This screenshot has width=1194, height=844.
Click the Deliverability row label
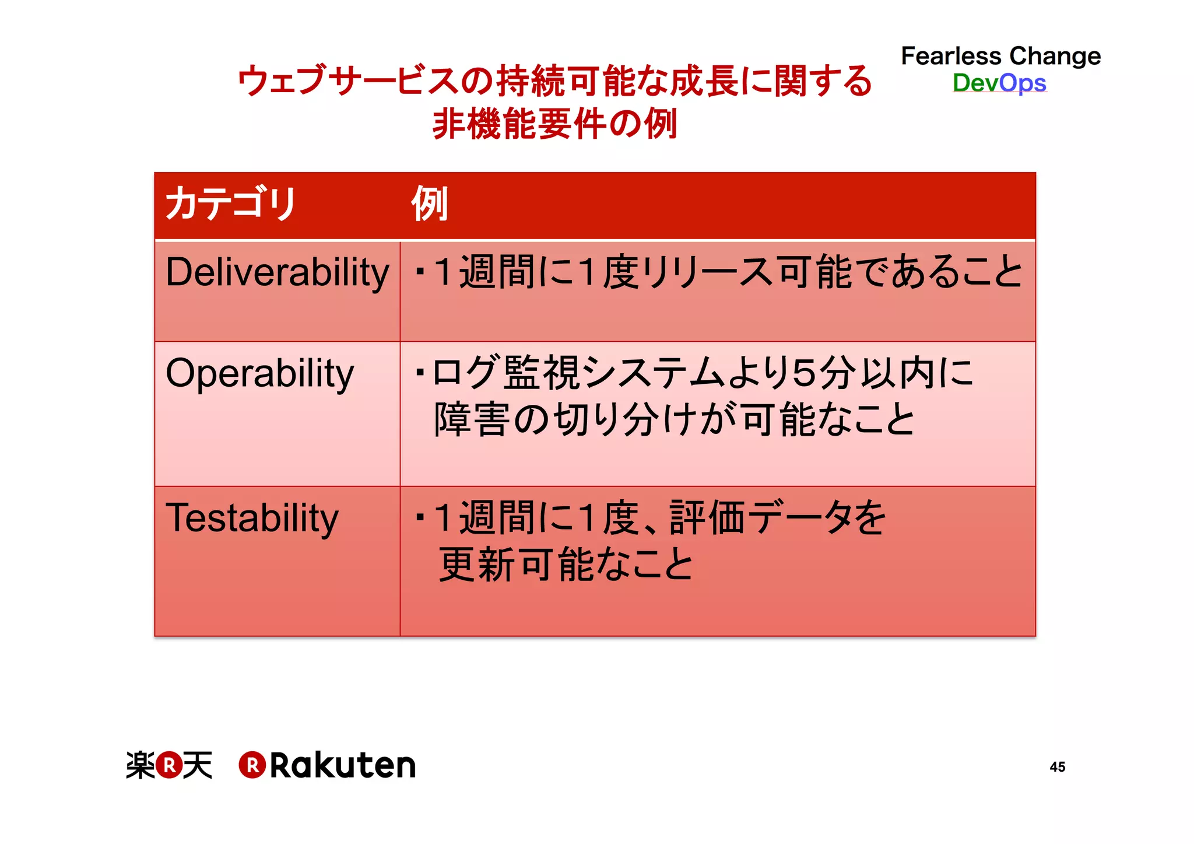(277, 273)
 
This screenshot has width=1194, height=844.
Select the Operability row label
(259, 374)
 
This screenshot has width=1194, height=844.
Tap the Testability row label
(252, 519)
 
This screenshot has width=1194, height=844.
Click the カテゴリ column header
(231, 204)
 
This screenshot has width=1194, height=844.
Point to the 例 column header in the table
(430, 204)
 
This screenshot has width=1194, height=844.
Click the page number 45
(1057, 767)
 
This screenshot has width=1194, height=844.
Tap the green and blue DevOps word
(999, 83)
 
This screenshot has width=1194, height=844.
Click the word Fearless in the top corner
(951, 57)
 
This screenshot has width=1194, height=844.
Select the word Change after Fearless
(1055, 57)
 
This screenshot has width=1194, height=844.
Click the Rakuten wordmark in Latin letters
(342, 765)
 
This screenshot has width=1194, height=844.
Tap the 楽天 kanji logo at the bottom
(169, 765)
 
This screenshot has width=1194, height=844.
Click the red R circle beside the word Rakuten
(252, 765)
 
